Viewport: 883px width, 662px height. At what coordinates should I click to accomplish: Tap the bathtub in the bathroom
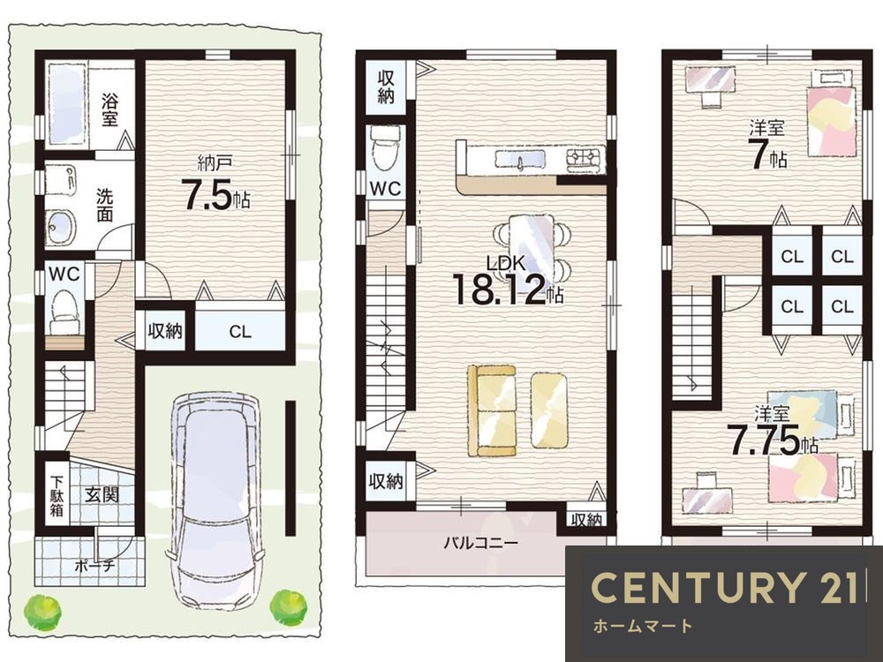[x=66, y=105]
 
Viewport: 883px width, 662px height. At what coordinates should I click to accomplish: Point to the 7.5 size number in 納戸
[x=206, y=195]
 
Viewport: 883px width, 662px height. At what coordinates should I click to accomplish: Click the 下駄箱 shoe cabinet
[x=57, y=497]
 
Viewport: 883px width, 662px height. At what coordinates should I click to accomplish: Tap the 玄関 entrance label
[x=102, y=496]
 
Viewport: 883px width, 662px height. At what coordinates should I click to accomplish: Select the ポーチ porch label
[x=94, y=566]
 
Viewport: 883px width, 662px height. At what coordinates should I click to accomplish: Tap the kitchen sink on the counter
[x=520, y=159]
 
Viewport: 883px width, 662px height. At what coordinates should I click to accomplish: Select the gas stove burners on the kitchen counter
[x=584, y=157]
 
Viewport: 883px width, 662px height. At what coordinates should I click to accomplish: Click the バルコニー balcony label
[x=480, y=543]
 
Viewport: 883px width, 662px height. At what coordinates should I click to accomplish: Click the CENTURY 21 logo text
[x=724, y=587]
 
